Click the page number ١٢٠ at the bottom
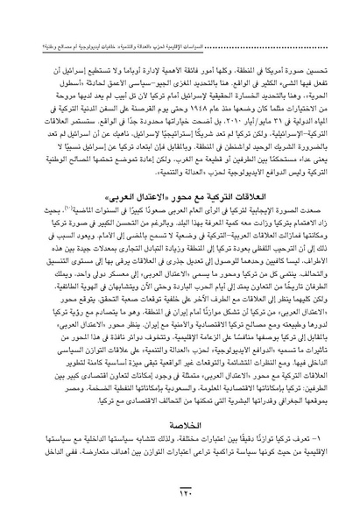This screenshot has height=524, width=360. point(180,497)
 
